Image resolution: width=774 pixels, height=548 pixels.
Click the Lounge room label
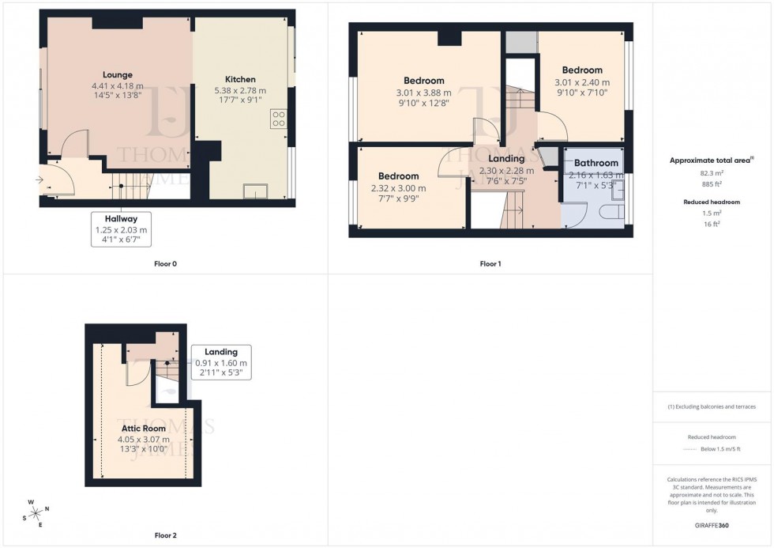[x=117, y=75]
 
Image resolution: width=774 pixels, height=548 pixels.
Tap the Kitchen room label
[x=240, y=80]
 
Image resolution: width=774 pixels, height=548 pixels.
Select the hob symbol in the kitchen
[x=278, y=119]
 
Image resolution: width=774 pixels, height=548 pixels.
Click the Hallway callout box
[x=122, y=229]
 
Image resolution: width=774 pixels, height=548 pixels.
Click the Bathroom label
[x=596, y=163]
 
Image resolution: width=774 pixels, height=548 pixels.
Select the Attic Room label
[x=143, y=429]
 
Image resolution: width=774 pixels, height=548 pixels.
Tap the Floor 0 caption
[x=164, y=263]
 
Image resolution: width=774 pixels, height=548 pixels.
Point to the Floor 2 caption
[x=164, y=535]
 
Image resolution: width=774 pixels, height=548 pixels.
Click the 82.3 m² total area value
[x=712, y=172]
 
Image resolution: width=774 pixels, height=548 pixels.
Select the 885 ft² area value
[x=712, y=185]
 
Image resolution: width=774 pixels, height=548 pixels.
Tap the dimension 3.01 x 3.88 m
[x=423, y=92]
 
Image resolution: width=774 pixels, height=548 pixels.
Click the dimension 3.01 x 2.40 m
[x=581, y=81]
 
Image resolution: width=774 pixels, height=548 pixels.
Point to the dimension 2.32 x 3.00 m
[x=397, y=188]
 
